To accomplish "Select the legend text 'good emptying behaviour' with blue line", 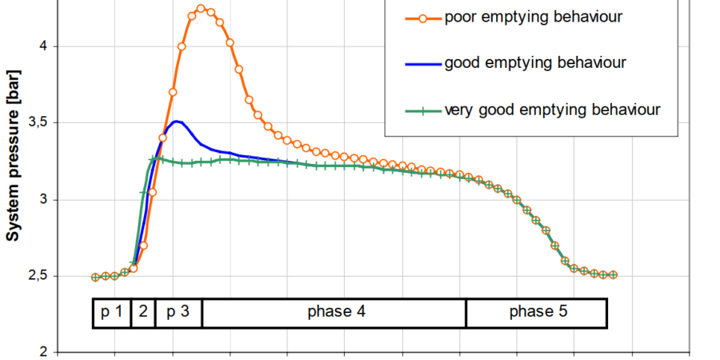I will coord(535,62).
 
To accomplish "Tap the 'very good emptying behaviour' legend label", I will coord(553,109).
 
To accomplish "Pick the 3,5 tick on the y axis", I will coord(40,122).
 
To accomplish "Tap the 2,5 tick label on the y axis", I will coord(40,276).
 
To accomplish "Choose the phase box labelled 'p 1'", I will coord(111,312).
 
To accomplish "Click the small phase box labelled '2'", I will coord(142,312).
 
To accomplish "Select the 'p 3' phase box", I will coord(178,312).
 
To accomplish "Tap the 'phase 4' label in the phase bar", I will coord(334,312).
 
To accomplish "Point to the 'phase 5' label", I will coord(537,312).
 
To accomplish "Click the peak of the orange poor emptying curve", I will coord(201,9).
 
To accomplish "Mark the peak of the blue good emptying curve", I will coord(177,122).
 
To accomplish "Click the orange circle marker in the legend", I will coord(422,17).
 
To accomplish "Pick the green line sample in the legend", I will coord(422,109).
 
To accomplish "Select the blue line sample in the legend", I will coord(422,62).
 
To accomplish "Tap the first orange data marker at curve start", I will coord(96,277).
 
